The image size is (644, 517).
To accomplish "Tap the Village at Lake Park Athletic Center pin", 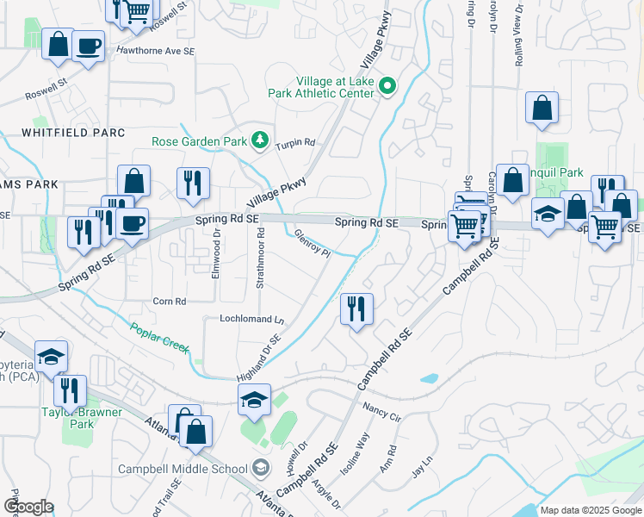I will click(387, 85).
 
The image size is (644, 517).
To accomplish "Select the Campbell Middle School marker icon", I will click(260, 469).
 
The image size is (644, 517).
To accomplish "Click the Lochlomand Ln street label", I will click(251, 319).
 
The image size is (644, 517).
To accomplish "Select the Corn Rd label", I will click(170, 302).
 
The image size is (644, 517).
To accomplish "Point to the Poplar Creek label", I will click(160, 337).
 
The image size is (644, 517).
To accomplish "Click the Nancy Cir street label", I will click(382, 412).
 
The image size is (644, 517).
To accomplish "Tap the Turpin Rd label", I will click(295, 144).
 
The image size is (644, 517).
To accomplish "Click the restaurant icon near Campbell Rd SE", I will click(356, 308).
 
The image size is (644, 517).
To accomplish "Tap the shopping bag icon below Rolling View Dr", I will click(542, 109).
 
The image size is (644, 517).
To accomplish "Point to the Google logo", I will click(28, 507).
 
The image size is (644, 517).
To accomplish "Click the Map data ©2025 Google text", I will click(591, 510).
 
